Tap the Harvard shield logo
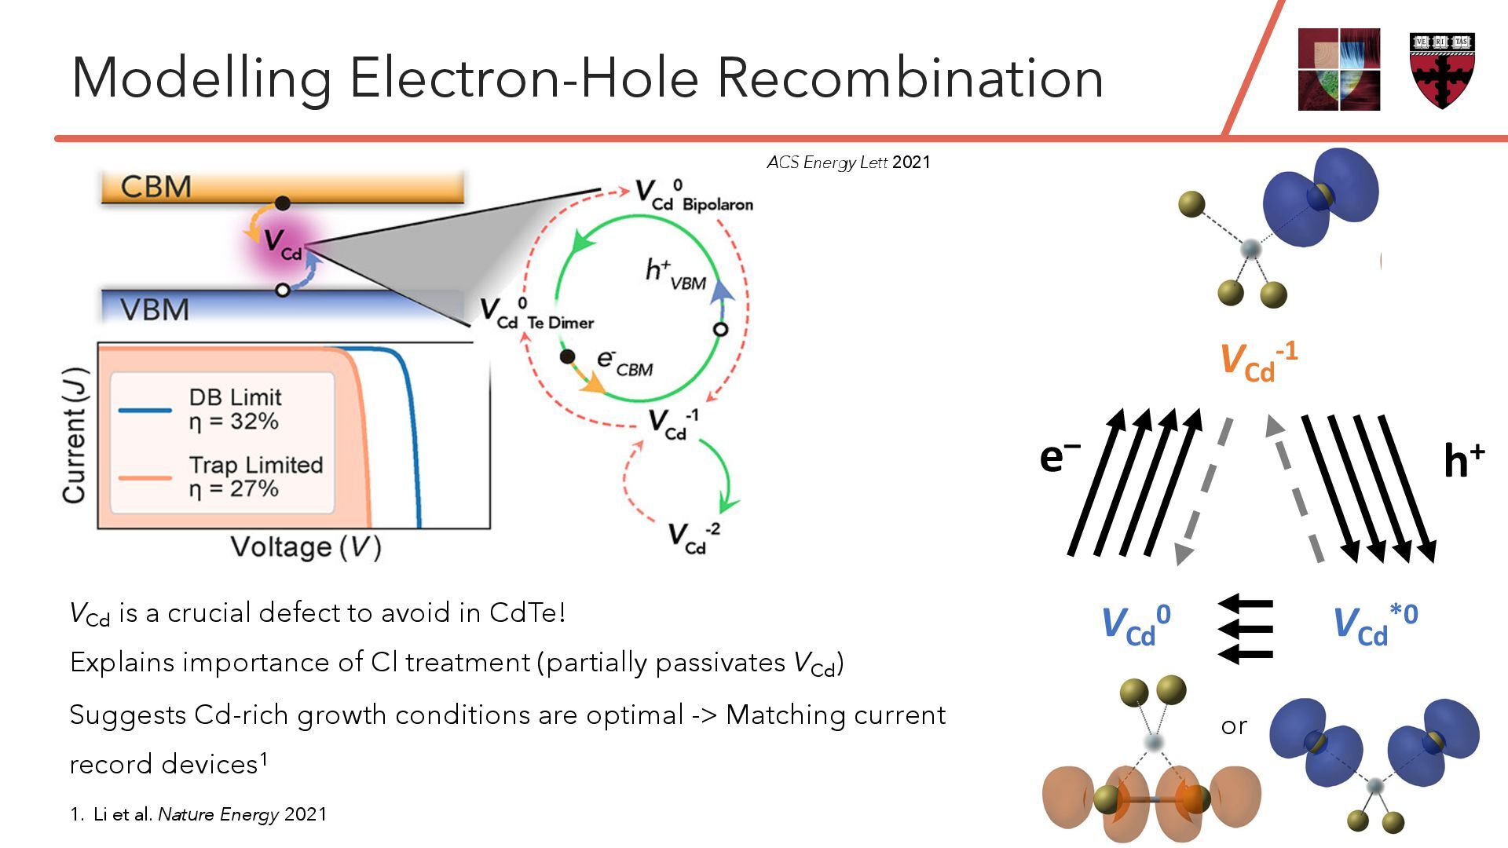click(1442, 70)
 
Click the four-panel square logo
click(1338, 70)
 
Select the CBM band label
click(156, 187)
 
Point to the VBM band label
click(155, 309)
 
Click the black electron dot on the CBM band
click(283, 203)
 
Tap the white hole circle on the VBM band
click(283, 290)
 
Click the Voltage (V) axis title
click(306, 546)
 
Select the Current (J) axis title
click(75, 435)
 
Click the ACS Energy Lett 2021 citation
click(848, 163)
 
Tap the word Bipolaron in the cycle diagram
click(717, 205)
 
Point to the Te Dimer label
click(560, 323)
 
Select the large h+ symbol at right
click(1463, 460)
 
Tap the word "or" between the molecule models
click(1234, 726)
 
